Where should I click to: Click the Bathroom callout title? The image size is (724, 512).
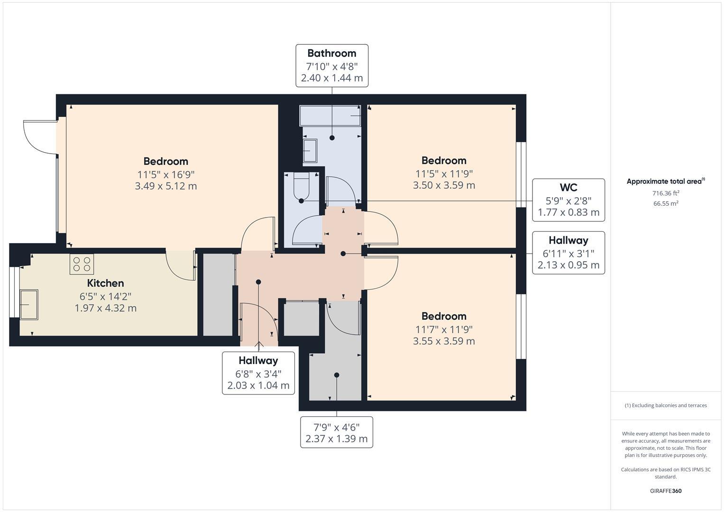[331, 53]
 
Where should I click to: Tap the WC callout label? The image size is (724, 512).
[568, 187]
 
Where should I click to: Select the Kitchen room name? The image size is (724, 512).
[105, 283]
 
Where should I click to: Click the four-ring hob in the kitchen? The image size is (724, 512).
[82, 264]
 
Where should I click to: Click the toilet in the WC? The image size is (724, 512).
[301, 187]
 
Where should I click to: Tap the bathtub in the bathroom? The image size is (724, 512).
[331, 116]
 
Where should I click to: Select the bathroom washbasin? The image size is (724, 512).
[310, 151]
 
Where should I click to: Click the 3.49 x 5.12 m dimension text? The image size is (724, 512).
[165, 186]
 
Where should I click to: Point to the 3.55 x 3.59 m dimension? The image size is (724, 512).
[444, 341]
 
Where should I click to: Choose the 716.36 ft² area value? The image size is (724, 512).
[666, 193]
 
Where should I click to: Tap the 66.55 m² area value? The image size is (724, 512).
[666, 203]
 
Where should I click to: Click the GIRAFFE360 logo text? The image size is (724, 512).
[666, 491]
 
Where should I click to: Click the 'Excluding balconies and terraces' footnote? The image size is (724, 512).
[666, 405]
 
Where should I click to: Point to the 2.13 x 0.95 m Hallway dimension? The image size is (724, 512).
[568, 265]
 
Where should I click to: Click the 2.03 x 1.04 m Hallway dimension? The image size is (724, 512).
[258, 385]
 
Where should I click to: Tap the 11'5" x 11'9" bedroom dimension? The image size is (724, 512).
[444, 173]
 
